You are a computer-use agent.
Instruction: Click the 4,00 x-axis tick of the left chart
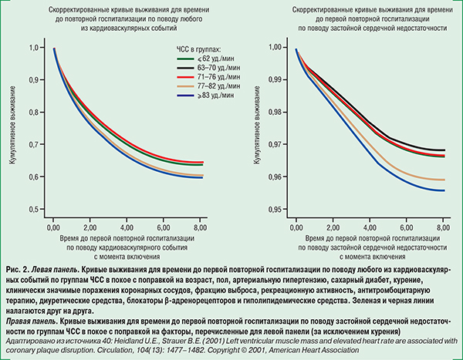pyautogui.click(x=127, y=229)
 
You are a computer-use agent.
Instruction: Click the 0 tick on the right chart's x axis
pyautogui.click(x=296, y=229)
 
